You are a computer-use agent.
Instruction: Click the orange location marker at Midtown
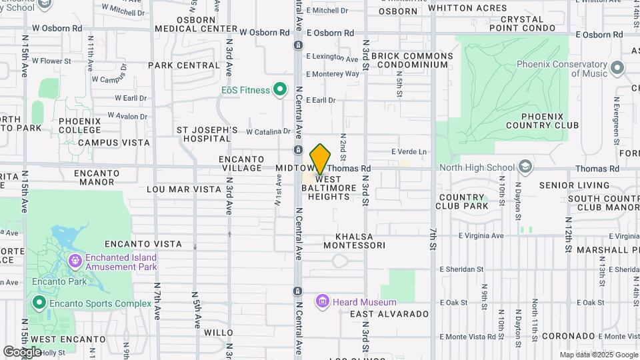320,159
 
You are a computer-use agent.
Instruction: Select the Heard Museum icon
323,302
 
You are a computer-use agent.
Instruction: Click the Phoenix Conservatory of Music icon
617,68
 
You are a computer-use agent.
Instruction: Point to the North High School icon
525,167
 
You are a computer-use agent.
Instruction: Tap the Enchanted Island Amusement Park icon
73,259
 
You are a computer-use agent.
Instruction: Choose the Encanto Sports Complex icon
39,304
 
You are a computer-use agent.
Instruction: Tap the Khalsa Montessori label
354,241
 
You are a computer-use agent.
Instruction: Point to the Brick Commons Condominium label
409,60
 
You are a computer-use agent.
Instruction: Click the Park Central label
184,65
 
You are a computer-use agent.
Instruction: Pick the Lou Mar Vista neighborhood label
183,189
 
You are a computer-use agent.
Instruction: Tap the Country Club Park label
463,201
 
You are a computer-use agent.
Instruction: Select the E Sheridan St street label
461,269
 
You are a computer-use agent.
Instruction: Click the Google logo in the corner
22,351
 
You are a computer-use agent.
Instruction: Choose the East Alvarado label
389,314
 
